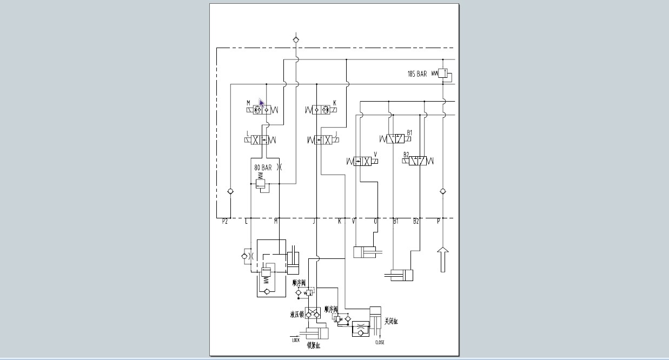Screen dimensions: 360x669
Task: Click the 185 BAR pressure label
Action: click(417, 74)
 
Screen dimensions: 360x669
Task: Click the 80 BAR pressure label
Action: click(263, 168)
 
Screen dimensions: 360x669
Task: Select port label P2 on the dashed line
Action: click(225, 221)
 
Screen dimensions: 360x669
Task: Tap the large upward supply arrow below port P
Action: click(443, 259)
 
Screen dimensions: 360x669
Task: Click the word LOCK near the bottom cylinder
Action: click(296, 340)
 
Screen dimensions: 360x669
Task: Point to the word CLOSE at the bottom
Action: click(380, 343)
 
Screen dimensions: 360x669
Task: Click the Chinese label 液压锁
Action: click(297, 314)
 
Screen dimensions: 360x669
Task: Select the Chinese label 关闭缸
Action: click(391, 322)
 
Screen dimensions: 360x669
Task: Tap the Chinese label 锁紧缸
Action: click(314, 345)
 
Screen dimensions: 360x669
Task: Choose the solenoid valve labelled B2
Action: click(418, 161)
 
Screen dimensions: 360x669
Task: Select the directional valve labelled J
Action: click(322, 140)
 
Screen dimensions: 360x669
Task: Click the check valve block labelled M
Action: click(261, 110)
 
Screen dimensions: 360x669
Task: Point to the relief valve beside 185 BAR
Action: click(443, 74)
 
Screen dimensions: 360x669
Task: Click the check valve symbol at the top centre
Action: click(296, 39)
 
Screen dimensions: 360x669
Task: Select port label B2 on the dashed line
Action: click(416, 221)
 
